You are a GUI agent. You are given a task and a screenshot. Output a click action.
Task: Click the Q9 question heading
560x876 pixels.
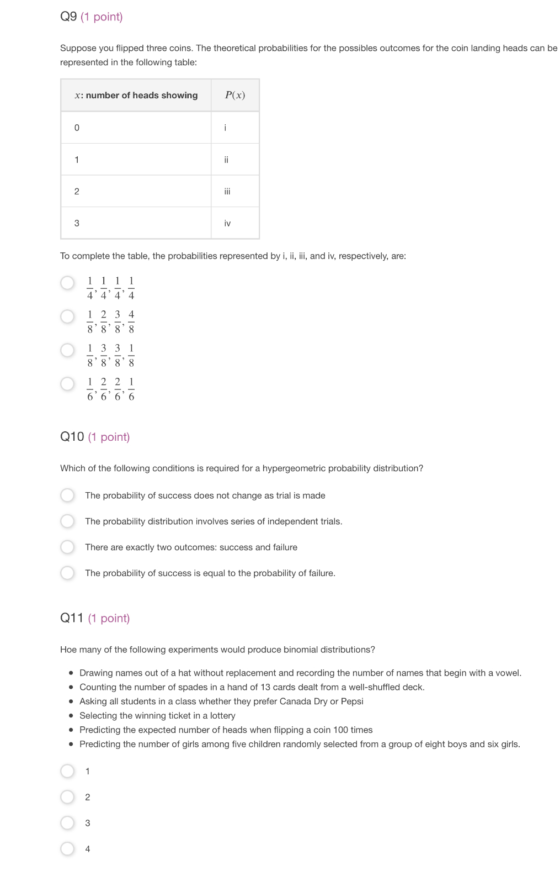69,17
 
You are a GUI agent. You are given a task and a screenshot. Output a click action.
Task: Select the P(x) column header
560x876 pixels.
235,95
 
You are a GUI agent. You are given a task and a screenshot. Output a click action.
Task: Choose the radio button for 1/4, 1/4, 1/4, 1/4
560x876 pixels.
67,283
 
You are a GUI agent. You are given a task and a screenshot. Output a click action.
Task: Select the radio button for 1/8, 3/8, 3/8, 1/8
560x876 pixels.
67,350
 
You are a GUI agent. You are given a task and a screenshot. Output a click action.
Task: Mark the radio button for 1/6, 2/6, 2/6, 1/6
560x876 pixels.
67,384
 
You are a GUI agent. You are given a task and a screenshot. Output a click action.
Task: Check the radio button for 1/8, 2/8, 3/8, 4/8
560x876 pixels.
67,316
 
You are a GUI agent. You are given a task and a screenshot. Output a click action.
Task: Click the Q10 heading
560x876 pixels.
72,437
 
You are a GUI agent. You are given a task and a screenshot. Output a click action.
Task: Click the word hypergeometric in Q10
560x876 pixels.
294,468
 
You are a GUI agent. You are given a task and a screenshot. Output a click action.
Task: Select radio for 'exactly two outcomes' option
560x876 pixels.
67,547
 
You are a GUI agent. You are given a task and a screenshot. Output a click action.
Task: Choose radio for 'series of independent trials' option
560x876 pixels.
67,521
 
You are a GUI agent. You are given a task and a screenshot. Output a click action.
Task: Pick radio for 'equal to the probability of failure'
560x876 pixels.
67,573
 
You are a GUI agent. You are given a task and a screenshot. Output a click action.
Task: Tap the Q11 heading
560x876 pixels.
72,618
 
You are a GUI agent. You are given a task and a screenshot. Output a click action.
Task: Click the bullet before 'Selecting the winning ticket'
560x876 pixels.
71,716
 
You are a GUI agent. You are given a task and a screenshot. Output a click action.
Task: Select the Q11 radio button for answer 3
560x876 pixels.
67,823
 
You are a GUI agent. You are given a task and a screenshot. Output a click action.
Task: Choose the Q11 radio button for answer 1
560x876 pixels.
67,771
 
